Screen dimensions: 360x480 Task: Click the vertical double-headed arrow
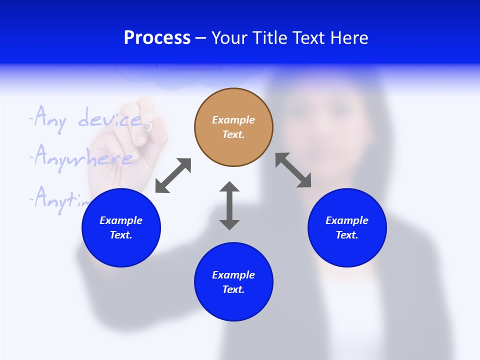[x=229, y=205]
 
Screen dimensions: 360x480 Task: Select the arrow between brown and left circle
[x=173, y=175]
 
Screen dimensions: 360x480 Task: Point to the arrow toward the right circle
[x=293, y=170]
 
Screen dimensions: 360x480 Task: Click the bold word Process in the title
[x=157, y=38]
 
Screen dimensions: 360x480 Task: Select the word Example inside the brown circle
[x=233, y=120]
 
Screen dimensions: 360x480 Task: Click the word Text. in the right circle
[x=347, y=235]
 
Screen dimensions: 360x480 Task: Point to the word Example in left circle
[x=121, y=220]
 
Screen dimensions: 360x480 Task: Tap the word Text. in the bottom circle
[x=233, y=289]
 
